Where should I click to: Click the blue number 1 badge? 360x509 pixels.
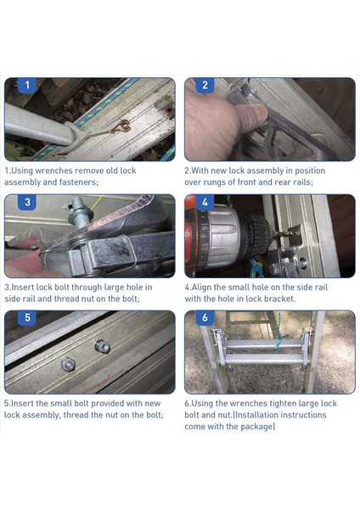pos(27,86)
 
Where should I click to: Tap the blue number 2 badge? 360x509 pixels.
pos(205,86)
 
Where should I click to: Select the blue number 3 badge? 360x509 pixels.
pos(27,202)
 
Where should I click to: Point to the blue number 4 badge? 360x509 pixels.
pos(205,202)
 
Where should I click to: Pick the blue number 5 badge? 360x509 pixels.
pos(27,318)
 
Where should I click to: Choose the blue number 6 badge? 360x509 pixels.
pos(205,318)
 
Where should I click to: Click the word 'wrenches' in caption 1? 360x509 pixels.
pos(53,171)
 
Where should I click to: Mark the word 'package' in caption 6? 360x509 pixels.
pos(257,427)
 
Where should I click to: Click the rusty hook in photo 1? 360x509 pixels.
pos(121,126)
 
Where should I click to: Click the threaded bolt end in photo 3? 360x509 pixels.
pos(78,208)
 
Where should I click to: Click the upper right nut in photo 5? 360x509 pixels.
pos(102,346)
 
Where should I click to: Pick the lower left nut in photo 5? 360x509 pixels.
pos(69,364)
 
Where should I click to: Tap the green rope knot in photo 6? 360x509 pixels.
pos(279,342)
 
